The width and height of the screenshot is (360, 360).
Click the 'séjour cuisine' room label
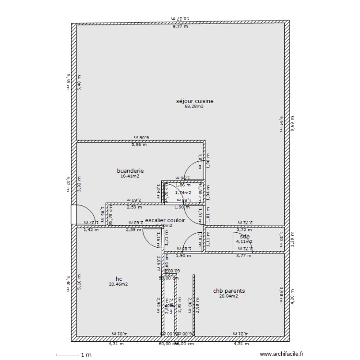(194, 101)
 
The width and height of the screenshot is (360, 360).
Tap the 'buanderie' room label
(130, 170)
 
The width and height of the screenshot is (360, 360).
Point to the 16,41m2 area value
(130, 176)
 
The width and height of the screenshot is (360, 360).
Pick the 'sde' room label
(245, 236)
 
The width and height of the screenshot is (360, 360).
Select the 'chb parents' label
(229, 291)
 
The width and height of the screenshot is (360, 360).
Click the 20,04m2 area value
(229, 297)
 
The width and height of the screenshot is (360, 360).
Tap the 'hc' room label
(119, 278)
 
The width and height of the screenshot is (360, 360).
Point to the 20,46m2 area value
(119, 284)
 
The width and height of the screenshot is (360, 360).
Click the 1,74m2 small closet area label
(183, 192)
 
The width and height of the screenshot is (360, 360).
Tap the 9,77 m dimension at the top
(180, 27)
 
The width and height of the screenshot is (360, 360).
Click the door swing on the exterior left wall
(84, 215)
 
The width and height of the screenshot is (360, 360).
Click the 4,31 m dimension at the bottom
(116, 344)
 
